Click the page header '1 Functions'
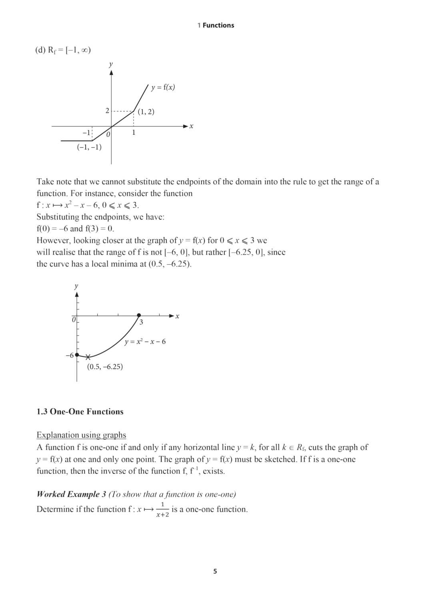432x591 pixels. pos(216,25)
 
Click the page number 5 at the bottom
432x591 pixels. pos(215,571)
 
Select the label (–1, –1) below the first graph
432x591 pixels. pos(89,147)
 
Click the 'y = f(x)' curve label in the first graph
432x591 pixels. pos(163,87)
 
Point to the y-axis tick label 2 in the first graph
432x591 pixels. pos(107,111)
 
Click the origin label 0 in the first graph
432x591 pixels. pos(108,134)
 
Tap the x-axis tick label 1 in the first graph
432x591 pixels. pos(134,132)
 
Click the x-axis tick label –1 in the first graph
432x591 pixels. pos(86,132)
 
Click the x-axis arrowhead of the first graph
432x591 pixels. pos(185,126)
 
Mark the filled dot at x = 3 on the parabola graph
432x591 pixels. pos(139,315)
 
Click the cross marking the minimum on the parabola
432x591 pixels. pos(88,357)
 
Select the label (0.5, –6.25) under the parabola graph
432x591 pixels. pos(105,367)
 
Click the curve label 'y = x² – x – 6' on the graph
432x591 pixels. pos(145,341)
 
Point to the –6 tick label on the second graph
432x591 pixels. pos(70,355)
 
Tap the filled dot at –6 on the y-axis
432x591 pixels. pos(77,355)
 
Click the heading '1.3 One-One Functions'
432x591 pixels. pos(80,411)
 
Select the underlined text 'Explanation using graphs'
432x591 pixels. pos(81,435)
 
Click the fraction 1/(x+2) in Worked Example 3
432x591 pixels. pos(162,509)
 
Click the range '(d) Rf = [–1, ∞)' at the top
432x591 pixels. pos(63,50)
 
